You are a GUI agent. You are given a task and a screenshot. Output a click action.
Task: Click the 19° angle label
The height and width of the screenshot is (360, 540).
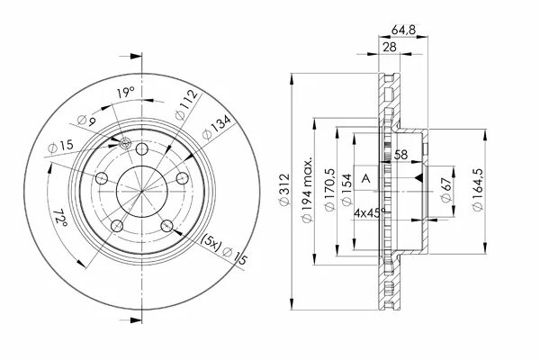pos(125,92)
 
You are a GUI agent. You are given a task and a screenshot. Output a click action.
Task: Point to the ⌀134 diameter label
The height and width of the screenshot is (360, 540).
pos(212,131)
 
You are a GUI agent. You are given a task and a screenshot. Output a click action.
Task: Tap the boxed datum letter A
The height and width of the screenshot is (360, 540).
pos(365,177)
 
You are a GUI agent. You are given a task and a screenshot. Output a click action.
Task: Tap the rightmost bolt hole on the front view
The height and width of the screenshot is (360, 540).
pos(182,178)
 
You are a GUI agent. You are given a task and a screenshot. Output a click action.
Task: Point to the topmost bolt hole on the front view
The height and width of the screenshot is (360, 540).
pos(141,148)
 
